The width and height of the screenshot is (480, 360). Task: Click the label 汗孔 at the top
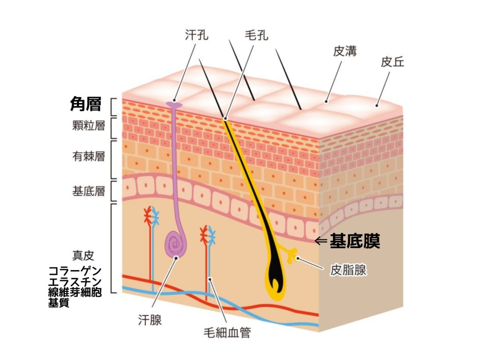(196, 35)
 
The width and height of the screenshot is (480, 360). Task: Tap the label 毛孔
(256, 35)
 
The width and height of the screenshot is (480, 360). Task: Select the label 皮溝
(345, 51)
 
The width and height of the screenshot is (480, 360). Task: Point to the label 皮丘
(392, 62)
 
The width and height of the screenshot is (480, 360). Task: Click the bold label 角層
(86, 104)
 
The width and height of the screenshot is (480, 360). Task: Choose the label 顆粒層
(89, 126)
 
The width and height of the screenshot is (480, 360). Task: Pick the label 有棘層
(89, 157)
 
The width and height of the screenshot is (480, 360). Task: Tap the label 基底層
(89, 191)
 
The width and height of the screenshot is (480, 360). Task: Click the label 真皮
(83, 255)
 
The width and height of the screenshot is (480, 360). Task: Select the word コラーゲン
(75, 271)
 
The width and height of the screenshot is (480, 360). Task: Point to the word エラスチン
(75, 282)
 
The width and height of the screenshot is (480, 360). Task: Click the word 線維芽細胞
(75, 292)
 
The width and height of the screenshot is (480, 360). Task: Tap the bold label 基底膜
(355, 241)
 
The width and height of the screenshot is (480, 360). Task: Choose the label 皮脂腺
(348, 270)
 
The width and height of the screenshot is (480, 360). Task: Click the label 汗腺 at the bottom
(150, 320)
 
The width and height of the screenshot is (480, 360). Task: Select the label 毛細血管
(227, 332)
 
